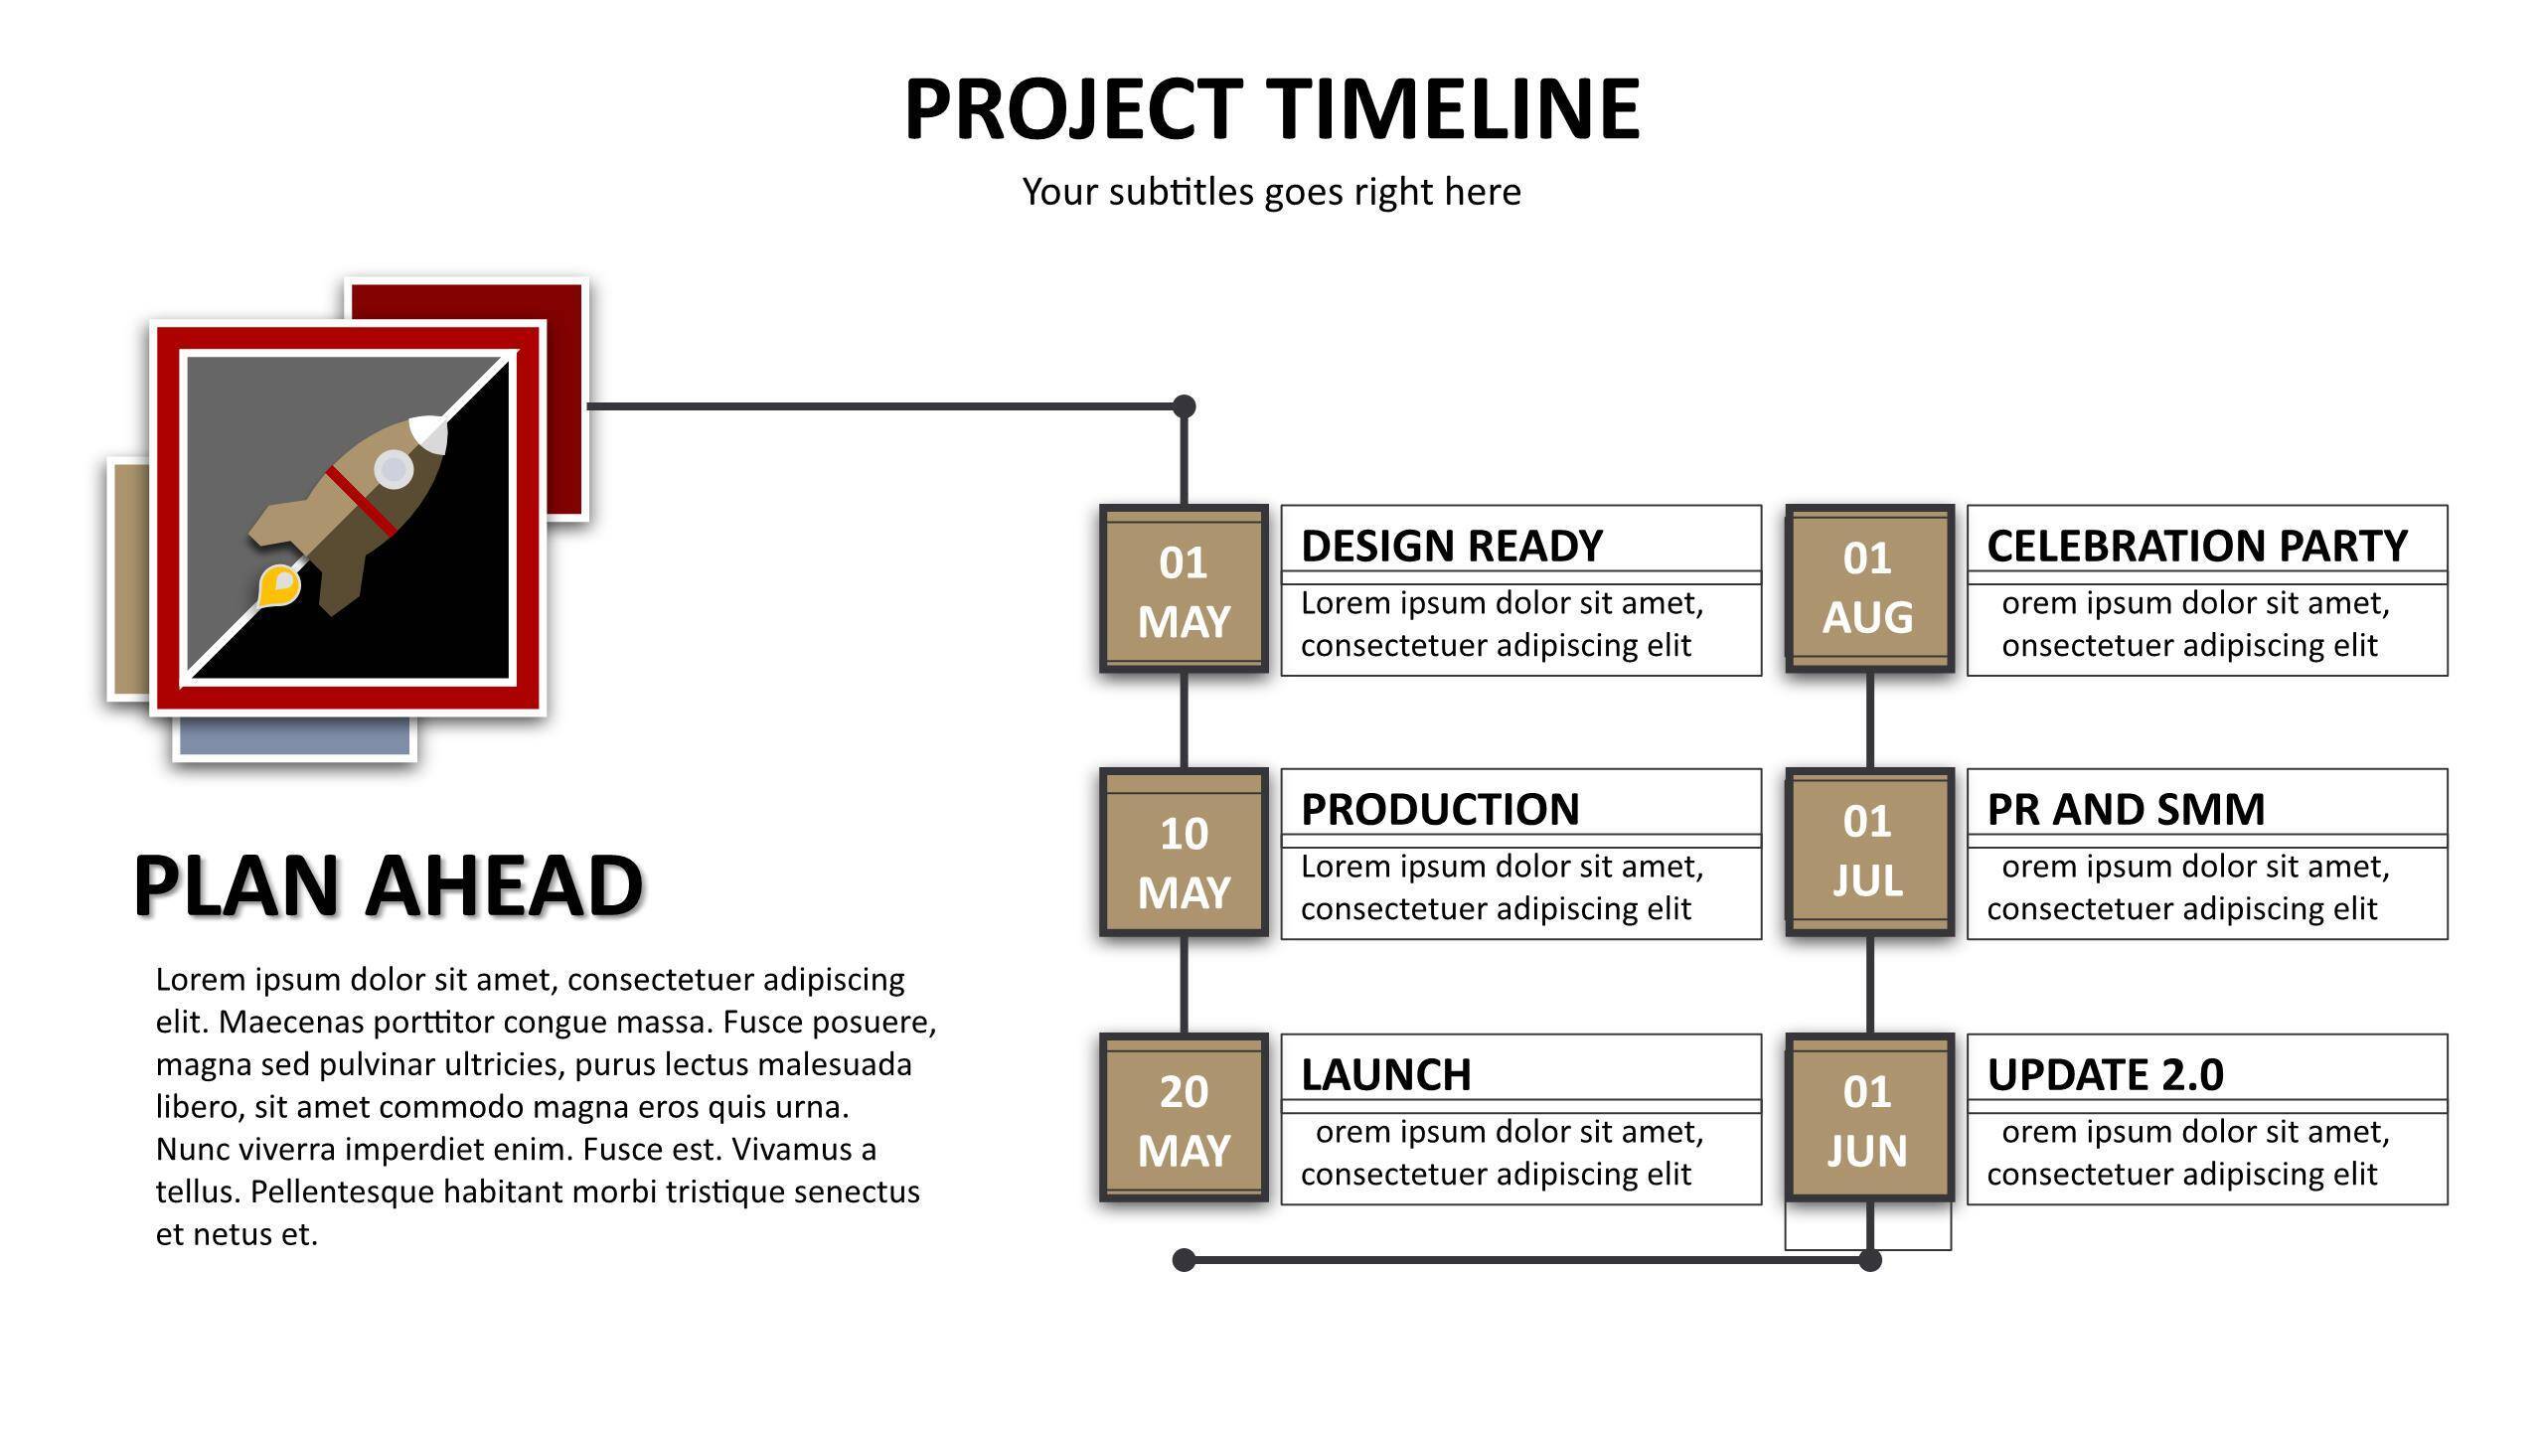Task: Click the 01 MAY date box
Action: pos(1184,588)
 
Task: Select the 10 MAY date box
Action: pos(1184,852)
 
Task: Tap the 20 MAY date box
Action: pos(1184,1117)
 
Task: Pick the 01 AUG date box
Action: pos(1869,588)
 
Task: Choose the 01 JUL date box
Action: pos(1869,852)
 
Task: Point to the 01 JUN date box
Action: pos(1869,1117)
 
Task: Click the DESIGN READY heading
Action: pos(1451,546)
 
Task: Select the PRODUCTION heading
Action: pos(1440,809)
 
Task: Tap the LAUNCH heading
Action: pos(1385,1074)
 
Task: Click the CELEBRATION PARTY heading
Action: pos(2197,546)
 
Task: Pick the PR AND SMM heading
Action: pos(2126,809)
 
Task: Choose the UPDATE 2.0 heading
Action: pos(2105,1074)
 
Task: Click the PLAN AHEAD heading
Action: pos(388,884)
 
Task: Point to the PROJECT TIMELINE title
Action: pos(1272,108)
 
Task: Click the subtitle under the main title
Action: pos(1272,192)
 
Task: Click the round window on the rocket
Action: pos(394,469)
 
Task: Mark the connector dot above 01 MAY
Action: pos(1184,406)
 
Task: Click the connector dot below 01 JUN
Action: pos(1870,1260)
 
